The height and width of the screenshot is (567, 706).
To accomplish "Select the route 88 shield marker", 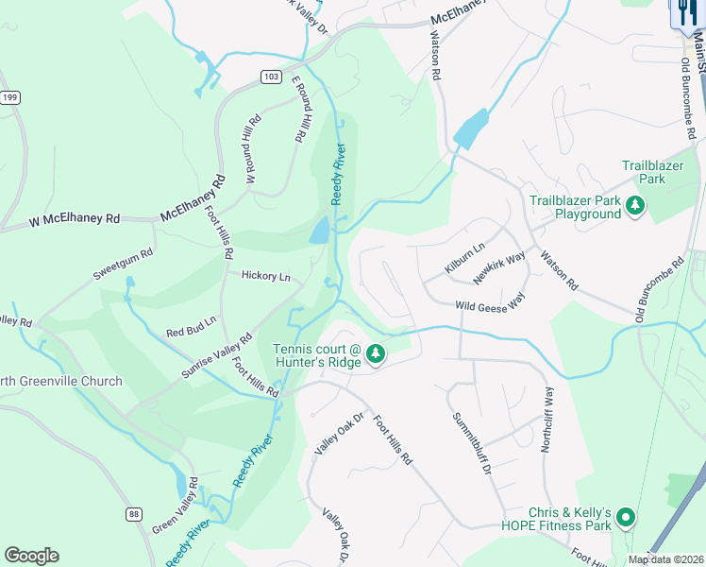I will pos(135,513).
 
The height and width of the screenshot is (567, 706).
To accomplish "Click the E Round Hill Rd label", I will pos(301,109).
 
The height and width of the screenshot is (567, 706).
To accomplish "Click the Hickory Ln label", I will pos(266,277).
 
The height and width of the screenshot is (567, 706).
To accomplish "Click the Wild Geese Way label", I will pos(490,305).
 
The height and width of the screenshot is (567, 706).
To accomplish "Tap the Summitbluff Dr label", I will pos(471,442).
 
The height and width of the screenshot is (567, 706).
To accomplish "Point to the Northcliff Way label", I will pos(546,419).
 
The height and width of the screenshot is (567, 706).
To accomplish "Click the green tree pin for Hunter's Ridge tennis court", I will pos(376,353).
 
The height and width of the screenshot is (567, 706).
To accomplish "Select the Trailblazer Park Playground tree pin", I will pos(636,205).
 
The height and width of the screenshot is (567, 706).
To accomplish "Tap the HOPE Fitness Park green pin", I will pos(625,517).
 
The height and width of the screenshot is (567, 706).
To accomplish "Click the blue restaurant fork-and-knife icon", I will pos(686,11).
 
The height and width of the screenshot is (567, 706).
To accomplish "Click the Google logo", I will pos(31,556).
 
